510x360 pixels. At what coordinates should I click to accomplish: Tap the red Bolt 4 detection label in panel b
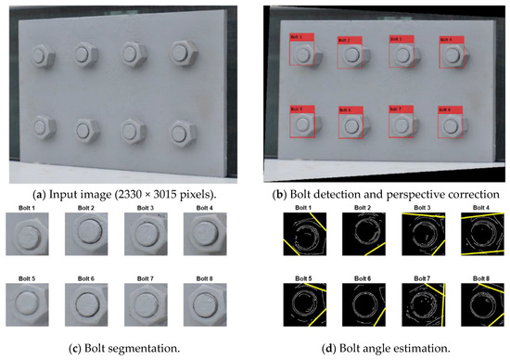[445, 40]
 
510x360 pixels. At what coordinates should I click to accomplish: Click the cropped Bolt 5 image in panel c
[31, 306]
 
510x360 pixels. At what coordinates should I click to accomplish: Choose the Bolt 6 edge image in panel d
[355, 306]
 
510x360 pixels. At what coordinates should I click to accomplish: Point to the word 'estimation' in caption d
[429, 347]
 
